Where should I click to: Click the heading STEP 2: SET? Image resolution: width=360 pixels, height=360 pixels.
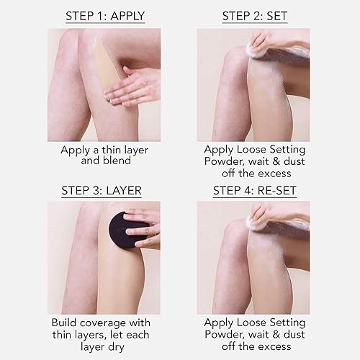click(253, 16)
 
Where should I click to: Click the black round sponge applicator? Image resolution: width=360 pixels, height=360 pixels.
click(132, 230)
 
